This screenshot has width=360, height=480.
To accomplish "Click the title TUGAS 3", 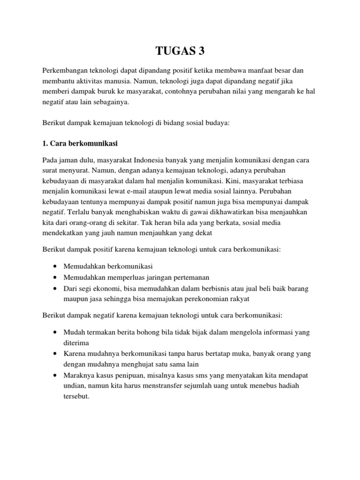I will (180, 50).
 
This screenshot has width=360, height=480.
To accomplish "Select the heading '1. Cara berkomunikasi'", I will (82, 142).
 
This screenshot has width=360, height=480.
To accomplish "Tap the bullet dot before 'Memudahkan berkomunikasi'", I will (56, 266).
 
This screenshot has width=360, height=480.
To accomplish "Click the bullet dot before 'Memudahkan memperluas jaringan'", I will (56, 277).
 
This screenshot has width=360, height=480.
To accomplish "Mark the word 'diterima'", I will (76, 343).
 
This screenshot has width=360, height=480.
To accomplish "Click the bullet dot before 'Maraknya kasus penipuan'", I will (56, 375).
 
